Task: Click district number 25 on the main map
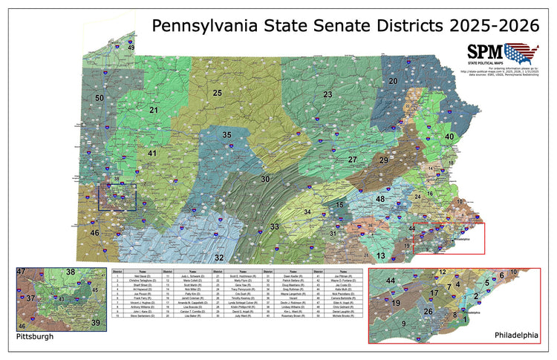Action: (x=218, y=94)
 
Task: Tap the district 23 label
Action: (x=328, y=94)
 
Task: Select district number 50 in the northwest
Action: (x=99, y=98)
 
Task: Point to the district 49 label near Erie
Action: (x=131, y=48)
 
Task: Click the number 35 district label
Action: (x=227, y=134)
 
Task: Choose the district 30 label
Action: (x=264, y=180)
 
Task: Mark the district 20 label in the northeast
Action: (x=393, y=80)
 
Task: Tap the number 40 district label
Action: (x=449, y=137)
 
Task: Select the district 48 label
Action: (x=380, y=200)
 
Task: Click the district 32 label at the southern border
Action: (x=219, y=258)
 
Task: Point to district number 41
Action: (x=152, y=154)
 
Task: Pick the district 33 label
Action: (x=275, y=226)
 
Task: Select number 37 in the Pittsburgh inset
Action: (x=31, y=298)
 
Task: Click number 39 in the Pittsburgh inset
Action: (x=94, y=323)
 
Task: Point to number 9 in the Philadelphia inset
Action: (x=403, y=324)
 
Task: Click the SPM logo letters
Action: (x=484, y=52)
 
